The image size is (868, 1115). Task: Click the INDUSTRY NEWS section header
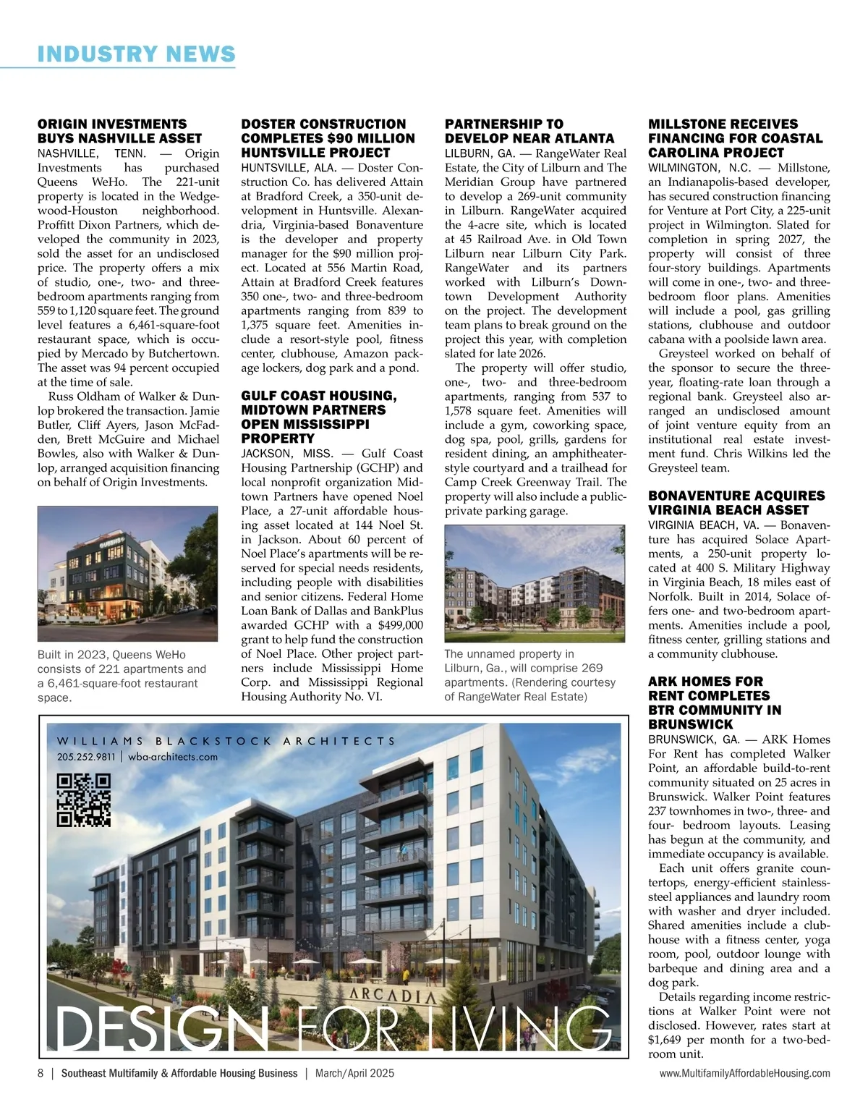pyautogui.click(x=136, y=54)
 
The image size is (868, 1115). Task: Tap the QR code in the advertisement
pyautogui.click(x=83, y=800)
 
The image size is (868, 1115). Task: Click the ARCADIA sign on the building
pyautogui.click(x=393, y=995)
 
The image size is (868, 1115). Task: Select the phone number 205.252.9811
pyautogui.click(x=86, y=757)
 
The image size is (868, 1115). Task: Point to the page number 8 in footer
pyautogui.click(x=41, y=1073)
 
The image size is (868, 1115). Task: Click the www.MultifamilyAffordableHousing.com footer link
pyautogui.click(x=744, y=1073)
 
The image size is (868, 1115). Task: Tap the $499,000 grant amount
pyautogui.click(x=401, y=625)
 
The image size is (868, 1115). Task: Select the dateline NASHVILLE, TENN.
pyautogui.click(x=92, y=153)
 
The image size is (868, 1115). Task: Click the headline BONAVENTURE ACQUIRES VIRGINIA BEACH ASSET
pyautogui.click(x=736, y=503)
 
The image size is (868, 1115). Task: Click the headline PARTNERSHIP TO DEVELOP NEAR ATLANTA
pyautogui.click(x=529, y=131)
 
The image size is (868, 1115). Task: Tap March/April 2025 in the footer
pyautogui.click(x=354, y=1073)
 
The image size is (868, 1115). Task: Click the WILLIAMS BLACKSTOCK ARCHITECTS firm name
pyautogui.click(x=226, y=741)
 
